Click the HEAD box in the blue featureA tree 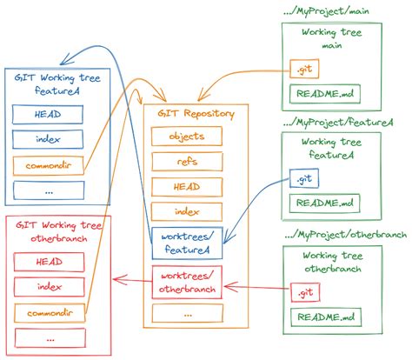(x=48, y=114)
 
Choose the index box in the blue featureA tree (x=48, y=138)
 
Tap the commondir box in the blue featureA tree (x=48, y=164)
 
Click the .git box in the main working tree (x=301, y=67)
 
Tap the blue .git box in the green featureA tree (x=301, y=180)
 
